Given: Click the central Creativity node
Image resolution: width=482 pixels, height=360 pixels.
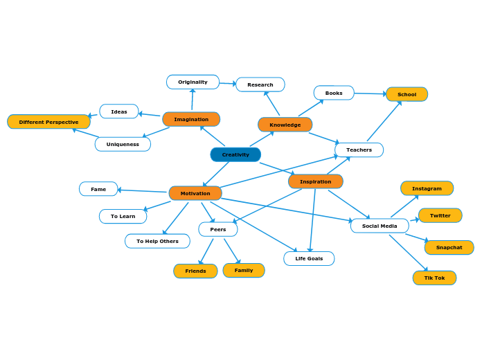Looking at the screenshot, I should coord(235,154).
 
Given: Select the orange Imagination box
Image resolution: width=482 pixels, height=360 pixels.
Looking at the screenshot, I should coord(191,119).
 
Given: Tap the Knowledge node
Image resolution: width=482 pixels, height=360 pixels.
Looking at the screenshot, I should coord(285,125).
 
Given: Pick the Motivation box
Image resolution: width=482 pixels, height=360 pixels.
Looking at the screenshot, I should coord(195,193).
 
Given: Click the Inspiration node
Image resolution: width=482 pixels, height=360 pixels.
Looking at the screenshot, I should coord(315,181).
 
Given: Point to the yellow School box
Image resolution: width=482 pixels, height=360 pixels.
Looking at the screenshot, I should coord(407,94).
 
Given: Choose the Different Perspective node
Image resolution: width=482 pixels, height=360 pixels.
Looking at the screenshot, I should coord(48,122).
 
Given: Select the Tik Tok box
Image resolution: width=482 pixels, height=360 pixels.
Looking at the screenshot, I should coord(434,278).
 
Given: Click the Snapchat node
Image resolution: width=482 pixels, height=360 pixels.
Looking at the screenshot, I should coord(449,247).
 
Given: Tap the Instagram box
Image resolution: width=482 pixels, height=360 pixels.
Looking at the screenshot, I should coord(427,188).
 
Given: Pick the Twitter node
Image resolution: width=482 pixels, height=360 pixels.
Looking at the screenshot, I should coord(440,215).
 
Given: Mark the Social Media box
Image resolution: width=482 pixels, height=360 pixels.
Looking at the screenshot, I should coord(380,226).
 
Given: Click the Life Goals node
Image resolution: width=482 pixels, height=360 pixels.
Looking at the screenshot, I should coord(309,258).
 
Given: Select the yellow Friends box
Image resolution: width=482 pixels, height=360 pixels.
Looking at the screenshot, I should coord(195,271).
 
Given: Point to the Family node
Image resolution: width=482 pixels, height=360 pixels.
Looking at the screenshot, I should coord(244,270).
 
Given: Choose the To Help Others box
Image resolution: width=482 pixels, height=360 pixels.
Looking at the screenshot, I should coord(157,241).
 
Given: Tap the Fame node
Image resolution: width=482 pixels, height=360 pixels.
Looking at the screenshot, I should coord(98,189).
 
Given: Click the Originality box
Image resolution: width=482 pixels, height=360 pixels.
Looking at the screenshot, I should coord(193,82).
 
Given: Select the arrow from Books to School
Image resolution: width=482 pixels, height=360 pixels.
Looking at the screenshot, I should coord(370,93).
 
